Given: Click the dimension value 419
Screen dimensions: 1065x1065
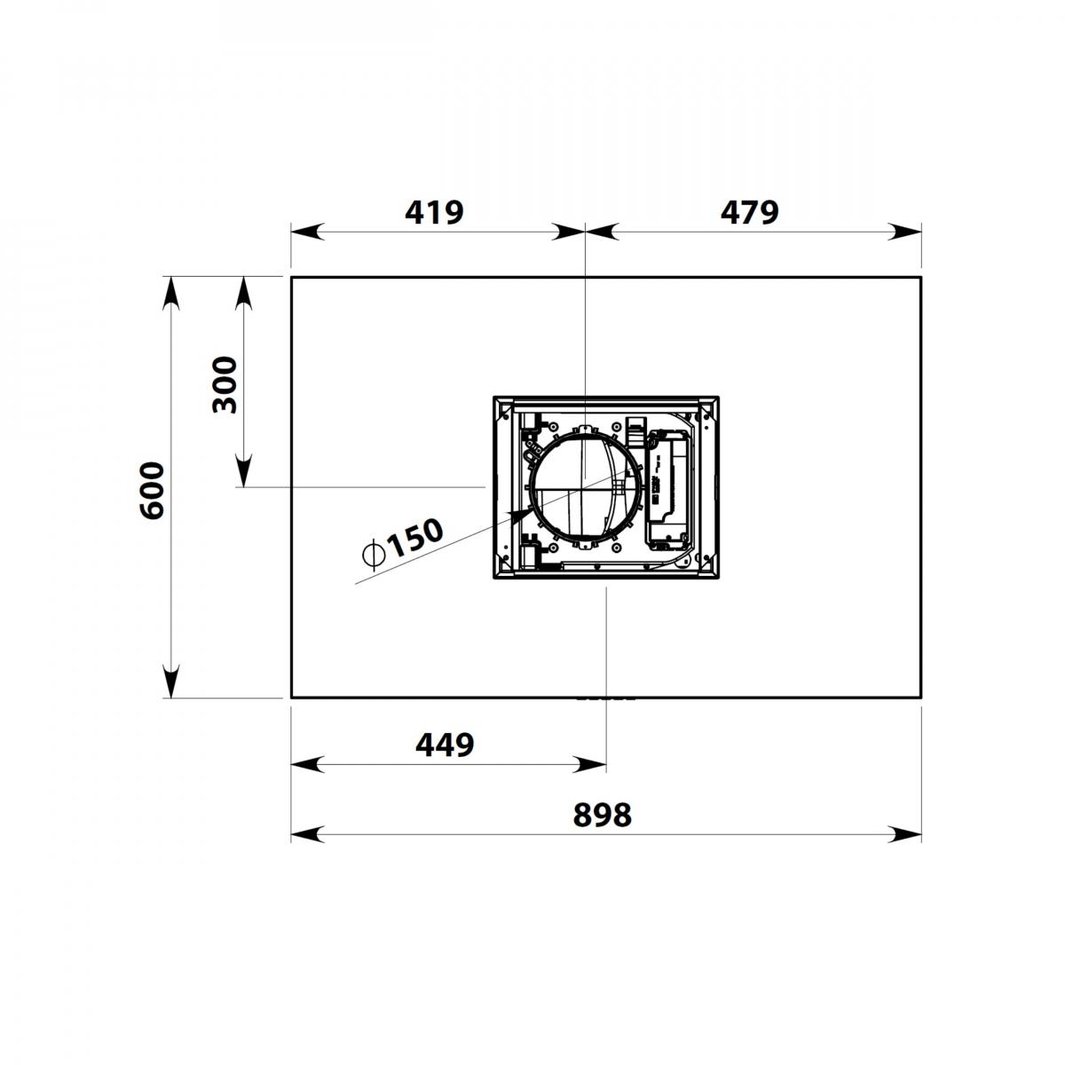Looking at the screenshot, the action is pyautogui.click(x=434, y=212).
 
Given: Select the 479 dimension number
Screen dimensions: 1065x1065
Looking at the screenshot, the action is pyautogui.click(x=749, y=212).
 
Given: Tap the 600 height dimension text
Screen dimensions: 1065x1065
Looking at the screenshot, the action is pyautogui.click(x=152, y=490).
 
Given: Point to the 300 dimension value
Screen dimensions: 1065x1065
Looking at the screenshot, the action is pyautogui.click(x=225, y=384).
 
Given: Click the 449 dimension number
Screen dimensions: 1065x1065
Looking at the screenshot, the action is pyautogui.click(x=445, y=745).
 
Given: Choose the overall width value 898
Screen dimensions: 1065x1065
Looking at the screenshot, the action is pyautogui.click(x=602, y=815).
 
